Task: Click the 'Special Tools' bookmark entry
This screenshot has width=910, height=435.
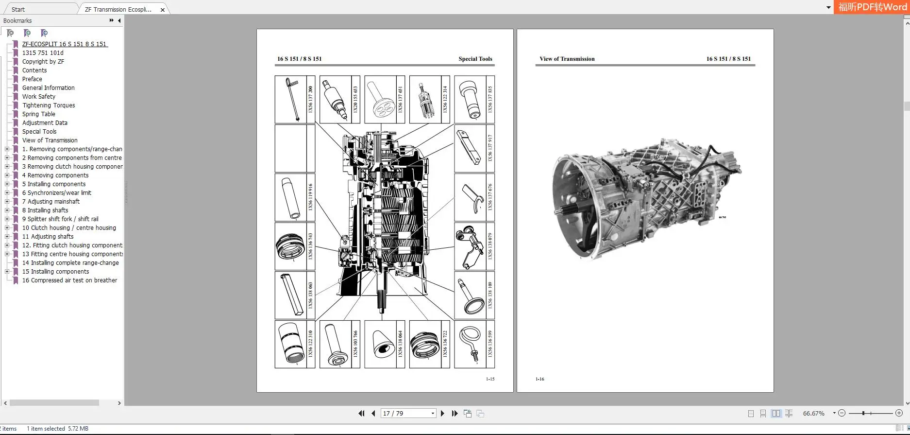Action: pyautogui.click(x=39, y=132)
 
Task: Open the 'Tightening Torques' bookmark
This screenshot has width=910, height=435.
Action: pyautogui.click(x=49, y=105)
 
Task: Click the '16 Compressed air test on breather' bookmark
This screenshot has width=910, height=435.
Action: pyautogui.click(x=69, y=280)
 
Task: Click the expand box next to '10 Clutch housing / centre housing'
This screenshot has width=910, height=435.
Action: pyautogui.click(x=7, y=228)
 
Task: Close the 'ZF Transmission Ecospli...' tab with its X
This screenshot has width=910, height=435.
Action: pyautogui.click(x=163, y=10)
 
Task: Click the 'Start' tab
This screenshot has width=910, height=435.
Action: pyautogui.click(x=18, y=9)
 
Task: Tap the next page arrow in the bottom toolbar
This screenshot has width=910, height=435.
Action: pyautogui.click(x=442, y=414)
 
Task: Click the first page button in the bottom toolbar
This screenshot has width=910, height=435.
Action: pyautogui.click(x=361, y=414)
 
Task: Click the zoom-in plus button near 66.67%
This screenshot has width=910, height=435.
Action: pyautogui.click(x=899, y=413)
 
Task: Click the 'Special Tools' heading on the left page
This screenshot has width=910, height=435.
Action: pyautogui.click(x=475, y=59)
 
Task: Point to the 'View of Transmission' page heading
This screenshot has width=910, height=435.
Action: pyautogui.click(x=567, y=59)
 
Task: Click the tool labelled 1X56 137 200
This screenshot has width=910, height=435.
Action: pyautogui.click(x=291, y=100)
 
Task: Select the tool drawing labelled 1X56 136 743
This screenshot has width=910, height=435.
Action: pyautogui.click(x=290, y=246)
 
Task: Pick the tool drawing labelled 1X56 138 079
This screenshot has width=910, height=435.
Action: pyautogui.click(x=470, y=246)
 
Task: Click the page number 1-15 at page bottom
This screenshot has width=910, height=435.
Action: pyautogui.click(x=490, y=379)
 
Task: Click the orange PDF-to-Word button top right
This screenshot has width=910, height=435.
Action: pyautogui.click(x=872, y=7)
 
